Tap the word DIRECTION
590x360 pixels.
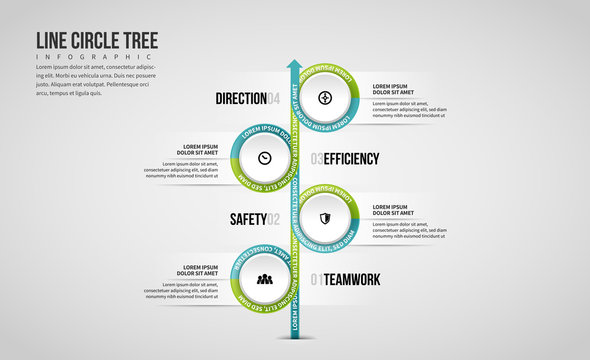click(241, 98)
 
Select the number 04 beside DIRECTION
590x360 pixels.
click(274, 98)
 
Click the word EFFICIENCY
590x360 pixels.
click(351, 158)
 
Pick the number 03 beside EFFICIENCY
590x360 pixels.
click(316, 158)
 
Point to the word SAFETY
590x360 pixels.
click(248, 218)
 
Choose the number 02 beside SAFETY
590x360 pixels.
click(274, 218)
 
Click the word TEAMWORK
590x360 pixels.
click(351, 278)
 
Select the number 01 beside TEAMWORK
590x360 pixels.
click(316, 278)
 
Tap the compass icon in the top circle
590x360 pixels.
click(325, 98)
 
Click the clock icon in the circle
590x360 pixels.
click(265, 158)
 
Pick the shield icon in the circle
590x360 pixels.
click(325, 218)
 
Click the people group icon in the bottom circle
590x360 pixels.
click(265, 278)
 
